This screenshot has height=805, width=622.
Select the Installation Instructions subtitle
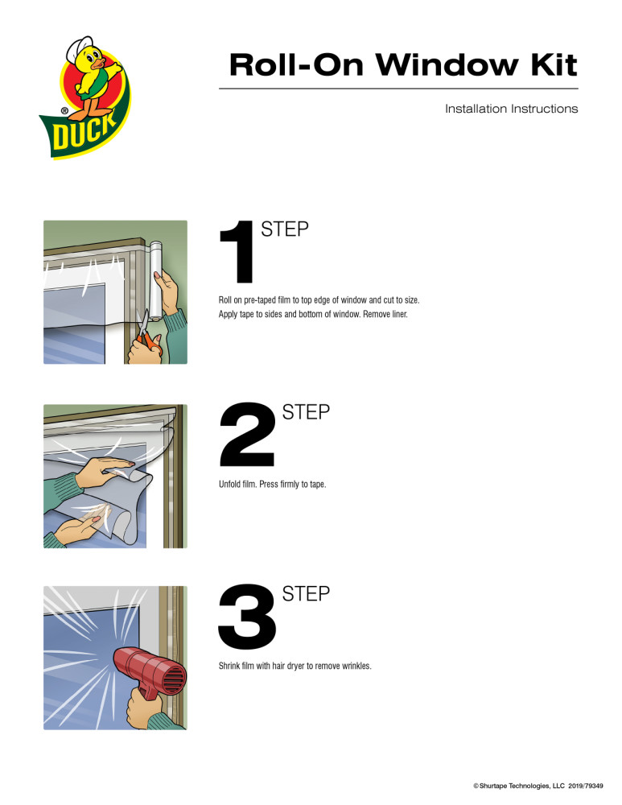coord(511,109)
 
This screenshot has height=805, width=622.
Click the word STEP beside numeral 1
coord(285,229)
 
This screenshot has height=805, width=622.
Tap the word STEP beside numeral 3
coord(307,595)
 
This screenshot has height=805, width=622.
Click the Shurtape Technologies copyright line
coord(538,785)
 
